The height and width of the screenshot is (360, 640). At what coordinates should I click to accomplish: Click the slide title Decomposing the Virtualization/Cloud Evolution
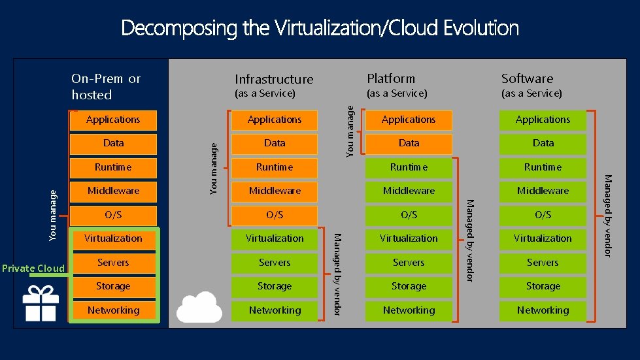320,28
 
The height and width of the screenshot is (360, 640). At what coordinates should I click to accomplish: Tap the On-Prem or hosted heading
106,86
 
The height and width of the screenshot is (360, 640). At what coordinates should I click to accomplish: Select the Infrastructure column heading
274,79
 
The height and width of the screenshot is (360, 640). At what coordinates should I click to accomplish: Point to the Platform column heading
391,78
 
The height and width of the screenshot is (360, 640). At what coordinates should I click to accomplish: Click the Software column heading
527,78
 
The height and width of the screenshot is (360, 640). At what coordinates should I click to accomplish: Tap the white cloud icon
199,306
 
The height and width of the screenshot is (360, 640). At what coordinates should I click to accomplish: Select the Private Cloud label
33,268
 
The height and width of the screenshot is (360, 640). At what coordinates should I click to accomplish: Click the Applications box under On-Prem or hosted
113,120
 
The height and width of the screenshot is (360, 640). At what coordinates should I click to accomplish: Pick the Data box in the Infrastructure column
275,143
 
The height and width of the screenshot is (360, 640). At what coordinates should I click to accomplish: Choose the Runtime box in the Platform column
409,167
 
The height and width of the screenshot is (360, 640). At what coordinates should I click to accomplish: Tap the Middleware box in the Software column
543,191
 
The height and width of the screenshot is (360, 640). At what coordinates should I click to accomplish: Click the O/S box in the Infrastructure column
275,215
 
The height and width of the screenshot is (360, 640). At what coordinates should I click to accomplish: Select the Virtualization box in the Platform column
409,238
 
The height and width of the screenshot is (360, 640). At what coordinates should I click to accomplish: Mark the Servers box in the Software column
543,263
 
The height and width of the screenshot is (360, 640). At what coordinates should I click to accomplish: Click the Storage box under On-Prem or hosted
113,286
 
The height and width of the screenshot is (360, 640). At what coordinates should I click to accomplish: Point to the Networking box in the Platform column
409,310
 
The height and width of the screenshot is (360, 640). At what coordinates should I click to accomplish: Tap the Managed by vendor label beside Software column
607,215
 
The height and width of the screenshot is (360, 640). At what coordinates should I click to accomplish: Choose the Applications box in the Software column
543,120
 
